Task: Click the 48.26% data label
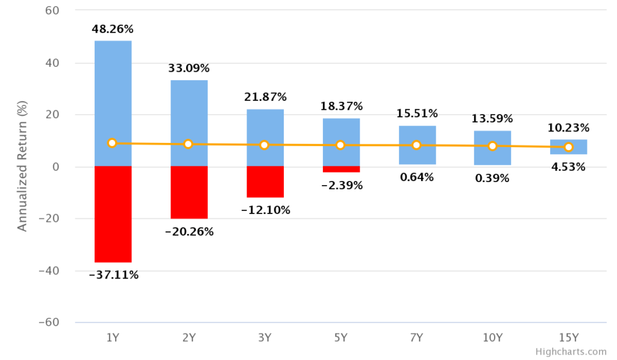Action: click(x=113, y=29)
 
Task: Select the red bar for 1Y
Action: click(x=113, y=214)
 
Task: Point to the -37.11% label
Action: click(x=113, y=275)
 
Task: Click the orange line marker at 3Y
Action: click(x=265, y=145)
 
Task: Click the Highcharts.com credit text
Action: click(x=571, y=352)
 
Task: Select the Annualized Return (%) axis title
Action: click(x=22, y=167)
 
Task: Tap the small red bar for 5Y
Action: click(x=340, y=169)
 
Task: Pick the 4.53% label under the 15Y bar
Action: click(x=568, y=167)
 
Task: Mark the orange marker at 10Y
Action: click(x=492, y=146)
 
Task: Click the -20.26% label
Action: click(x=189, y=232)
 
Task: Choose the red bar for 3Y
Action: click(x=265, y=182)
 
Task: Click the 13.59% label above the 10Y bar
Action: click(x=492, y=118)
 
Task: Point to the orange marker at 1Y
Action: click(x=112, y=143)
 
